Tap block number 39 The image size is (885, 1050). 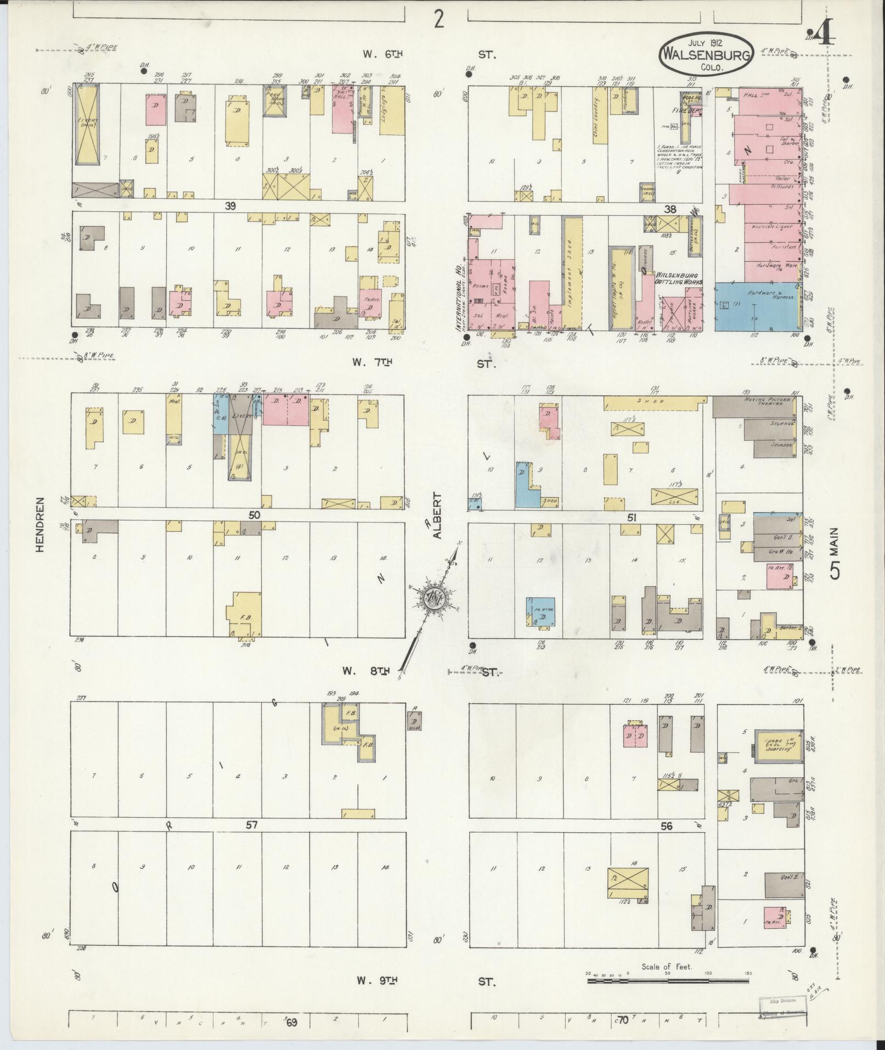pos(230,205)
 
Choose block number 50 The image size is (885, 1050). pos(253,515)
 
